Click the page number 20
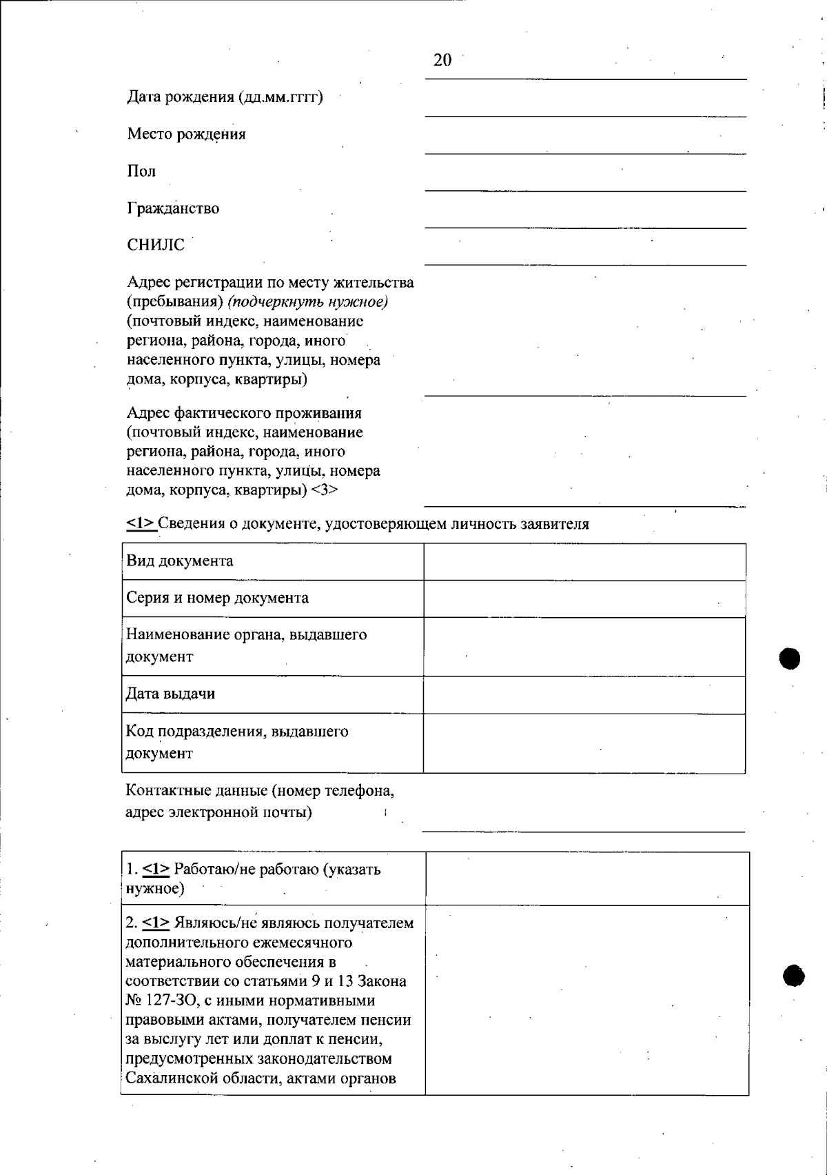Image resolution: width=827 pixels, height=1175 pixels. (x=442, y=61)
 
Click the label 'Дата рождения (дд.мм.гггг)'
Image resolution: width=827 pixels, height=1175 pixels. (x=225, y=97)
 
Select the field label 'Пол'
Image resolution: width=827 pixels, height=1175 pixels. (x=141, y=171)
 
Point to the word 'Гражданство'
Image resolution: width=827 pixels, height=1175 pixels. (x=173, y=208)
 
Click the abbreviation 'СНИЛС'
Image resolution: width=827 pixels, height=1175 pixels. (x=156, y=245)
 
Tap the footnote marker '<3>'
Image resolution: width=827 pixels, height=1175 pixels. (x=325, y=490)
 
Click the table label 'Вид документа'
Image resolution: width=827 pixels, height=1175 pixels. (x=180, y=561)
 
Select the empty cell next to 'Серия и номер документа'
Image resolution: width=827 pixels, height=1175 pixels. (x=584, y=599)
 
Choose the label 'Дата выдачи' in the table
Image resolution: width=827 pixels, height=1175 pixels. (x=170, y=694)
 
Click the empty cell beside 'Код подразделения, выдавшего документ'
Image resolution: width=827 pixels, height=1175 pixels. (x=584, y=743)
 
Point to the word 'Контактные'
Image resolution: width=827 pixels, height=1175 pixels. (x=161, y=790)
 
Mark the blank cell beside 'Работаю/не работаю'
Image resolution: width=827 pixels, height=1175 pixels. (x=587, y=878)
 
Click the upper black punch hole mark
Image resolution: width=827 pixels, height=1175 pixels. (x=790, y=659)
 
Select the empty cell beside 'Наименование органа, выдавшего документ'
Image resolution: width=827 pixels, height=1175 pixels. (x=584, y=646)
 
